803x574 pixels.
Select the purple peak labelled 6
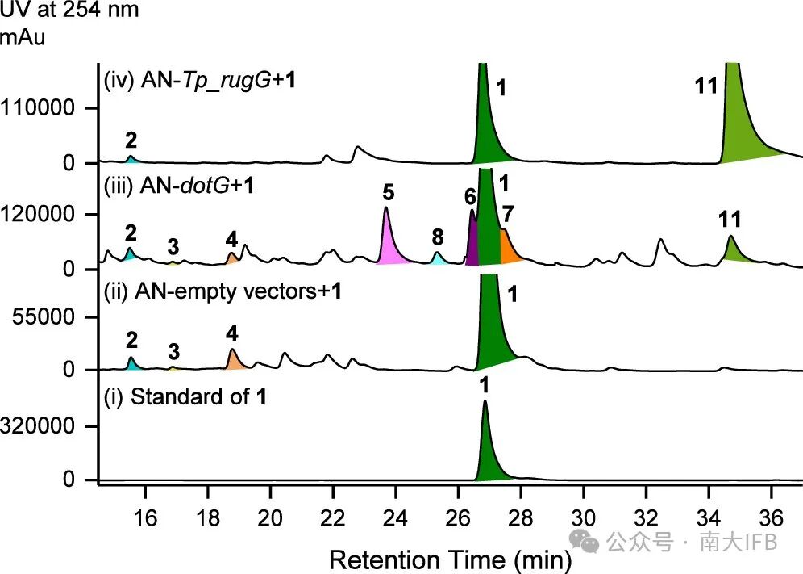[473, 242]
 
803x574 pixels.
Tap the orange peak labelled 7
[508, 248]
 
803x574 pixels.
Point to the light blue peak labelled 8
[437, 259]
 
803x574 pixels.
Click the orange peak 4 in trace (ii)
[234, 360]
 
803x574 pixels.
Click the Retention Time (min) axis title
[451, 559]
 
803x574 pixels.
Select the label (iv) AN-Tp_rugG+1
[197, 80]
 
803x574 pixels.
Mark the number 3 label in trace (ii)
[174, 351]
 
